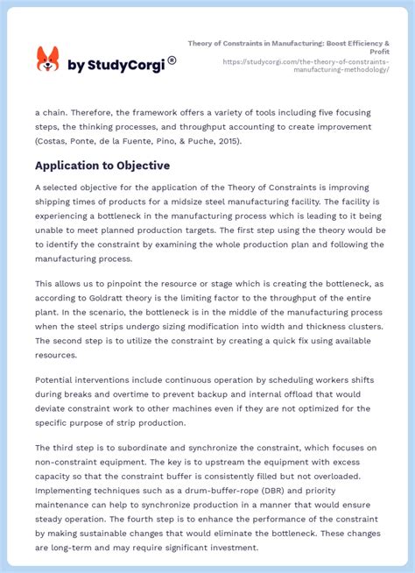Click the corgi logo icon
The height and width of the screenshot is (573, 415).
47,60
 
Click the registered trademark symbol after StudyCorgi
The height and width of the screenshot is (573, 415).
172,60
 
